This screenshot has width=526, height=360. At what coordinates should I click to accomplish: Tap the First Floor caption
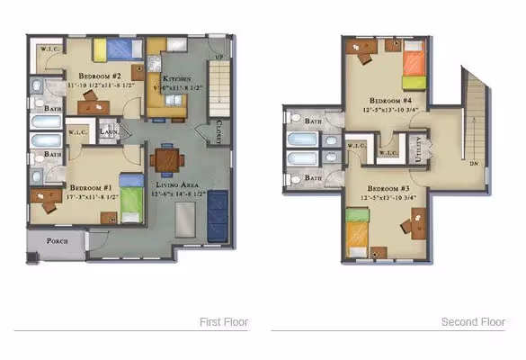[223, 321]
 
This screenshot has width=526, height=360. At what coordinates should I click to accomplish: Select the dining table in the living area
[166, 160]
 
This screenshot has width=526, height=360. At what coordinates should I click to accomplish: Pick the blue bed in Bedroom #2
[118, 49]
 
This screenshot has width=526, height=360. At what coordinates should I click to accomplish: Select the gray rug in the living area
[186, 219]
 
